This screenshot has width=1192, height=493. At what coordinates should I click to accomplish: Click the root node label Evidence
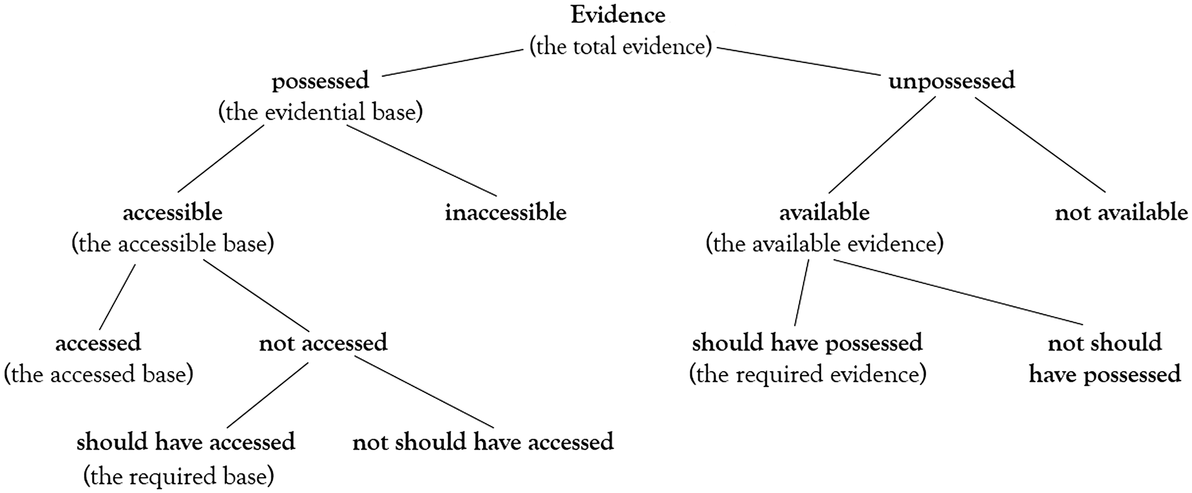(x=618, y=15)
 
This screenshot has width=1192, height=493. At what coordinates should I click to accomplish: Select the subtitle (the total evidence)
(x=620, y=47)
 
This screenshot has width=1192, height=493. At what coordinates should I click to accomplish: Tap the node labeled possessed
(x=320, y=81)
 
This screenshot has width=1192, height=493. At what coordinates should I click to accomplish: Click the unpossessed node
(x=951, y=81)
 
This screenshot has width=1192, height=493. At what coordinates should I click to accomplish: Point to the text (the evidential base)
(x=321, y=112)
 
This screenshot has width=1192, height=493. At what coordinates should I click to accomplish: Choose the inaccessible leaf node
(x=505, y=213)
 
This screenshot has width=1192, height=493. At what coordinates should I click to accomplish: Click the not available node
(x=1121, y=213)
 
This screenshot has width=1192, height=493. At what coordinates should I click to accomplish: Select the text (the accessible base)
(x=173, y=244)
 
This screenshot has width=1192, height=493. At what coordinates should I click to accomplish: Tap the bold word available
(x=824, y=213)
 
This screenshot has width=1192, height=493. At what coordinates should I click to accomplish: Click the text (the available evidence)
(x=824, y=244)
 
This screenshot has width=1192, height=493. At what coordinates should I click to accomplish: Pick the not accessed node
(x=323, y=343)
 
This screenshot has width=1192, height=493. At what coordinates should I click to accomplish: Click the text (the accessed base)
(x=99, y=374)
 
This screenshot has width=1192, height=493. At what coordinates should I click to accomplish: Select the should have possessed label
(x=807, y=343)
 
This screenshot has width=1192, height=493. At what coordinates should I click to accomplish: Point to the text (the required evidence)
(x=807, y=374)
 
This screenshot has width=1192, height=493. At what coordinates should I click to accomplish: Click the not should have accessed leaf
(x=483, y=442)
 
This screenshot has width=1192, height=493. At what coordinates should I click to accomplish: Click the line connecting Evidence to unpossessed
(x=798, y=61)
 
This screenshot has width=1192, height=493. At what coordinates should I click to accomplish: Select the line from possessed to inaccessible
(x=421, y=161)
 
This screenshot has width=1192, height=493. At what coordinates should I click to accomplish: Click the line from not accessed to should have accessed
(x=267, y=395)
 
